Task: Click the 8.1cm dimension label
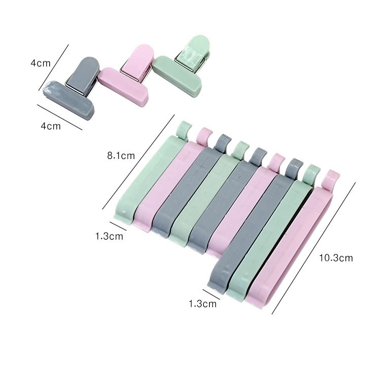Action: point(121,156)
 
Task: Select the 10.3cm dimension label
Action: point(336,258)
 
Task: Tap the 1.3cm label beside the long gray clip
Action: point(203,304)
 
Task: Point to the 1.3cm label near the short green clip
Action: point(109,236)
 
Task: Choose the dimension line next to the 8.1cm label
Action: point(138,162)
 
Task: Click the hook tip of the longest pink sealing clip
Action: point(330,176)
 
